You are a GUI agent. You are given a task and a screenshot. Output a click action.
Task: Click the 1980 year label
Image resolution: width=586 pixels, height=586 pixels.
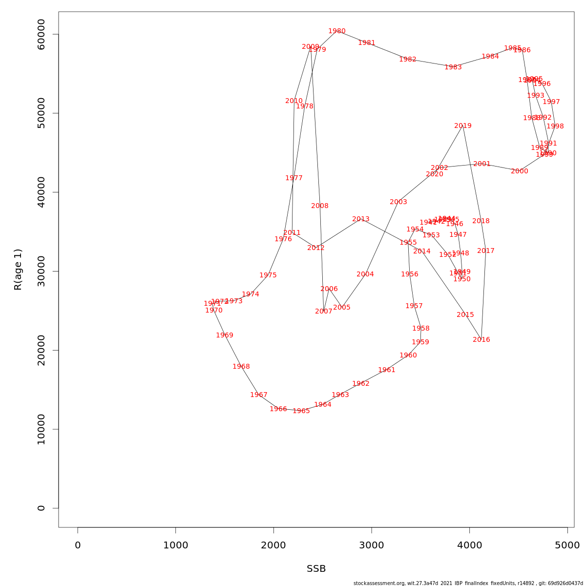[x=337, y=31]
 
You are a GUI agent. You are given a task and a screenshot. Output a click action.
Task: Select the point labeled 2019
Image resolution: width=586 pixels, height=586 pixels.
[x=463, y=126]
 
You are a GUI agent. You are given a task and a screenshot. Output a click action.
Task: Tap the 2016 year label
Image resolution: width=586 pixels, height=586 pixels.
[x=481, y=340]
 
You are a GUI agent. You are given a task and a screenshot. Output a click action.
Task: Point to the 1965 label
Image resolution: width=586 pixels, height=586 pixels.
[x=301, y=411]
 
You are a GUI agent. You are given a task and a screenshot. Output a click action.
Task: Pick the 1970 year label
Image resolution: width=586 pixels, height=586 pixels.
[x=214, y=311]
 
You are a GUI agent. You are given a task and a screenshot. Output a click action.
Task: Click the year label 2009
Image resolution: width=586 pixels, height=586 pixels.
[x=311, y=47]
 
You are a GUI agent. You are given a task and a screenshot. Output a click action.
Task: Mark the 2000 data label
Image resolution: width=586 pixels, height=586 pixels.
[x=520, y=171]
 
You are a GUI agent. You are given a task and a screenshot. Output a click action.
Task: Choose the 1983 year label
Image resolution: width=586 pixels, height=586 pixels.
[x=453, y=67]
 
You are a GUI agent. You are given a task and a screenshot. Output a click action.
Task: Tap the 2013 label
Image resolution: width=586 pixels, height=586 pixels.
[x=361, y=219]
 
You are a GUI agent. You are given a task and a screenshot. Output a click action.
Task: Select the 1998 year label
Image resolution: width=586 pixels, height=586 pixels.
[x=555, y=126]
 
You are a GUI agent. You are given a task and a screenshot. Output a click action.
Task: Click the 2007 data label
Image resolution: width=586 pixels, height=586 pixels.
[x=324, y=312]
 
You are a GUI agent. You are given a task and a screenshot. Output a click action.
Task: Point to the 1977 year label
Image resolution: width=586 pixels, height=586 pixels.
[x=294, y=178]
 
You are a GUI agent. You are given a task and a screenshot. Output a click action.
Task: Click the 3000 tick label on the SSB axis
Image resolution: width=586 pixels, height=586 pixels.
[x=372, y=545]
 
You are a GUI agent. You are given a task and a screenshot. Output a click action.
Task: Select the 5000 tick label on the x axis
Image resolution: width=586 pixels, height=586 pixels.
[x=567, y=545]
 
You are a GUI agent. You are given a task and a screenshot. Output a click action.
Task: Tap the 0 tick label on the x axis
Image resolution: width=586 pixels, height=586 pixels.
[x=78, y=545]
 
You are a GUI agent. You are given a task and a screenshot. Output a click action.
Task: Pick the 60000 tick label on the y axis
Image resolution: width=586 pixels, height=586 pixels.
[x=41, y=34]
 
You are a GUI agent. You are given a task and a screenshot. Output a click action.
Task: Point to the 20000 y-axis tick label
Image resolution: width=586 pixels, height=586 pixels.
[x=41, y=350]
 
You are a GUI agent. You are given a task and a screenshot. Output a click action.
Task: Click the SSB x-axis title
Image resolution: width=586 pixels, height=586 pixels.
[x=316, y=569]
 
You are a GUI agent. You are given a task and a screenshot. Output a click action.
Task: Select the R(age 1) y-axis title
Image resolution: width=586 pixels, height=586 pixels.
[x=18, y=270]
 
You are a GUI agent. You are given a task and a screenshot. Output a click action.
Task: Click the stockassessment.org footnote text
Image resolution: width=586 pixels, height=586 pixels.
[x=468, y=583]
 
